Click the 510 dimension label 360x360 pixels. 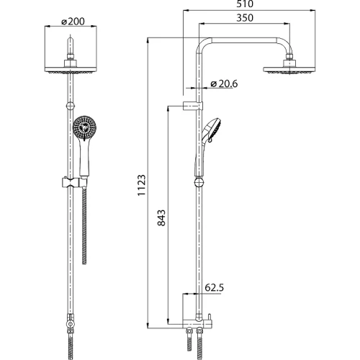pos(245,4)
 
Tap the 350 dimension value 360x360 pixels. pos(245,18)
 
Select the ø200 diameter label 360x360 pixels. pos(73,22)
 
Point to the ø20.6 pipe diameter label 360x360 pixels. pos(224,84)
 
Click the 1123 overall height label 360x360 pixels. pos(142,185)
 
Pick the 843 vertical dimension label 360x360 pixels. pos(161,218)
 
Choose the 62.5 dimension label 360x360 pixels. pos(215,287)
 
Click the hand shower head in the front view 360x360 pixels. pos(83,127)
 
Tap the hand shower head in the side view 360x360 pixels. pos(212,130)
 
